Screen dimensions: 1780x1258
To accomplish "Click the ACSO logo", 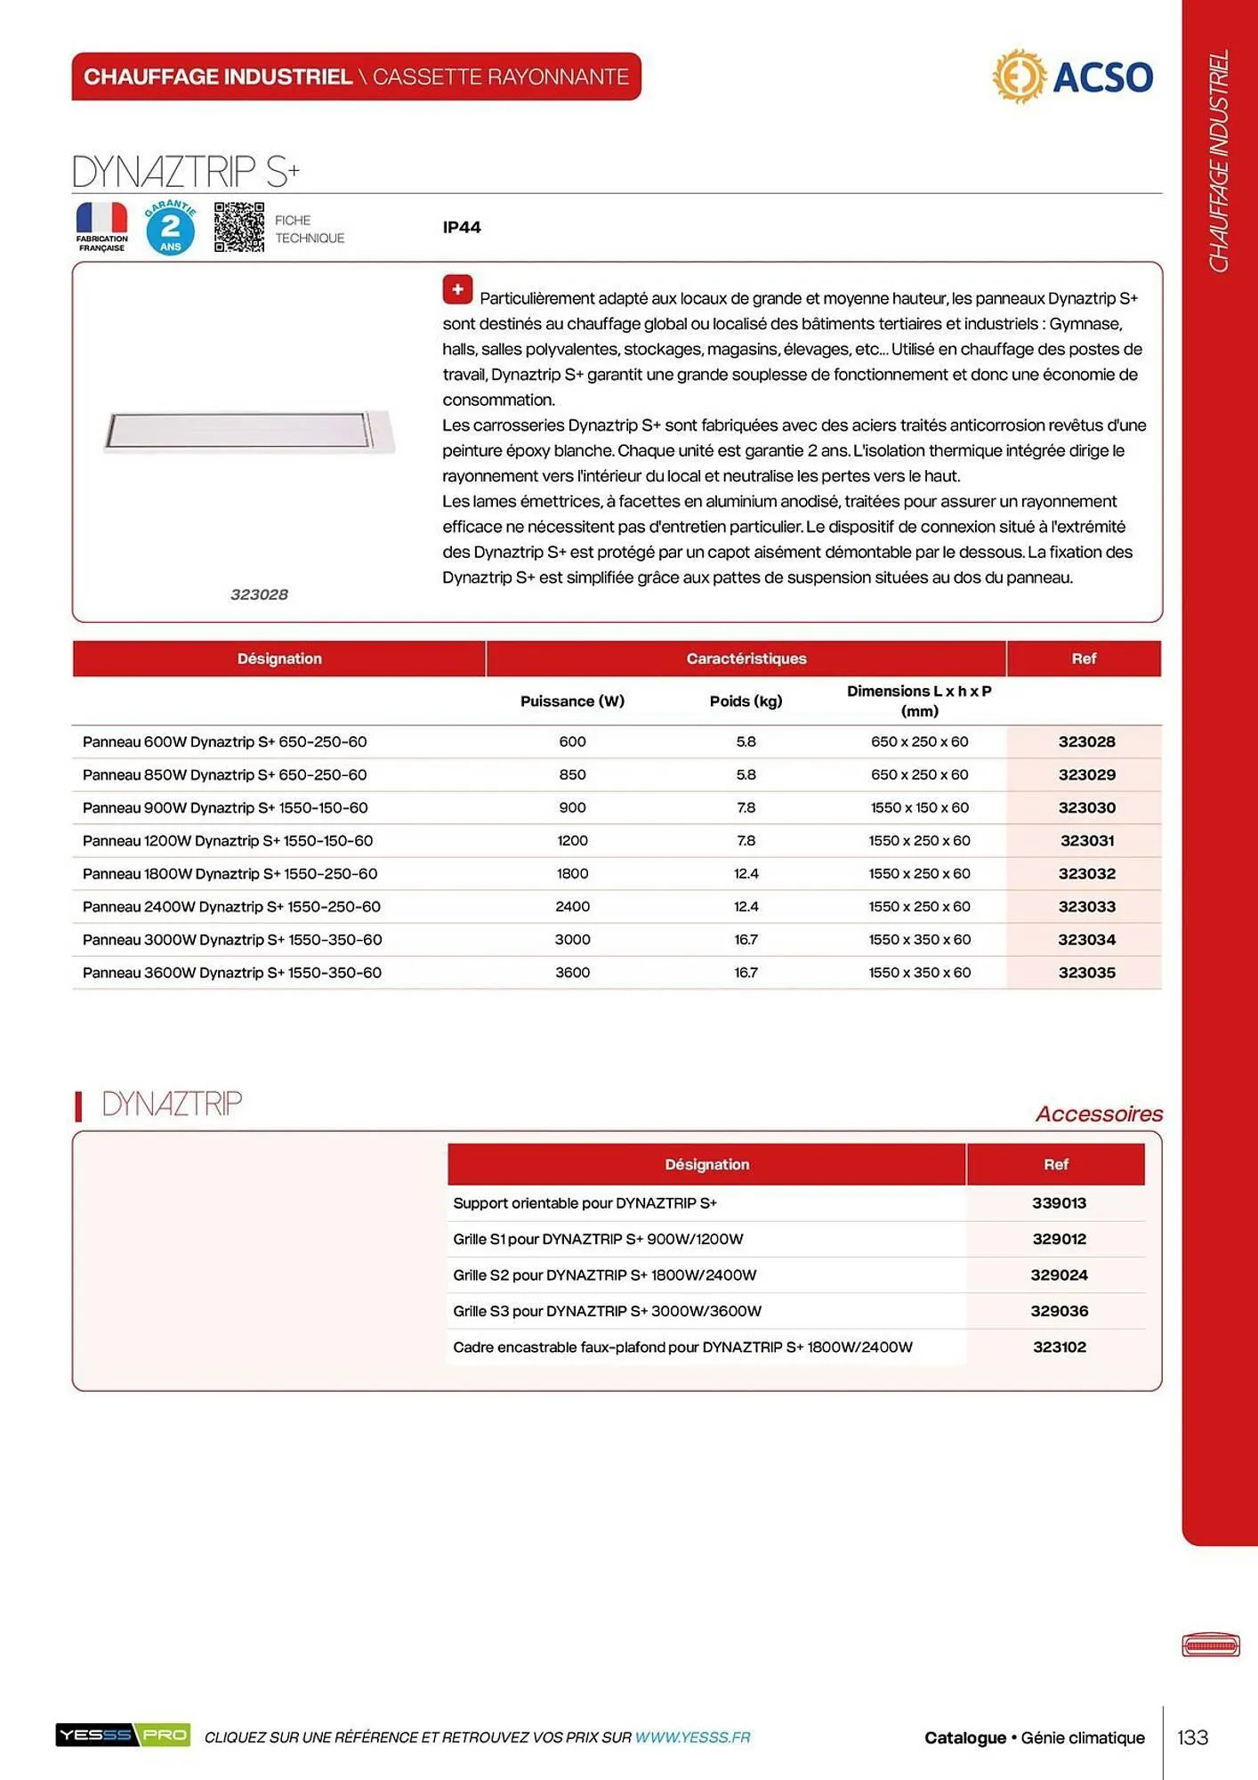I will point(1072,77).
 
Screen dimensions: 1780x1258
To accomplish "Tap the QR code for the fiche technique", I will point(238,227).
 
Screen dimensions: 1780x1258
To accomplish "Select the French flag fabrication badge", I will point(101,227).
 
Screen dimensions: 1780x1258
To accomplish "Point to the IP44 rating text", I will point(462,228).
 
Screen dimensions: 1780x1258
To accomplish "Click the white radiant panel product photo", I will point(248,432).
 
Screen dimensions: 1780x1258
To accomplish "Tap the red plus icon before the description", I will point(457,289).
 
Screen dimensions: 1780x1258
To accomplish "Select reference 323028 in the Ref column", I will point(1085,741).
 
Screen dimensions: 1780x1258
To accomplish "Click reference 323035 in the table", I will point(1085,973).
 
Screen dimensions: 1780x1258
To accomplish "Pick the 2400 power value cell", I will point(572,907).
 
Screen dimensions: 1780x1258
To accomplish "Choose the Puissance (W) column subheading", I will point(572,701).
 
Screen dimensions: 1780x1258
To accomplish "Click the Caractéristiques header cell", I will point(746,659).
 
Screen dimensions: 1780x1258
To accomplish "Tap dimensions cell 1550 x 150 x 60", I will point(919,808).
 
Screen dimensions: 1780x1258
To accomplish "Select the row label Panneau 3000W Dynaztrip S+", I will point(232,940).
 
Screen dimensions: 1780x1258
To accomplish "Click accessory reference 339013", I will point(1059,1203).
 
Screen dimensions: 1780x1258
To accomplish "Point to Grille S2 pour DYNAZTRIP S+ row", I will point(604,1275).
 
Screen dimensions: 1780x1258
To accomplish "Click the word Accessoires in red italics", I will point(1099,1114).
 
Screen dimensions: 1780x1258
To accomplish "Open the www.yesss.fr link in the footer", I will point(692,1737).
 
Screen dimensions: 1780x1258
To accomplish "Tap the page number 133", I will point(1192,1737).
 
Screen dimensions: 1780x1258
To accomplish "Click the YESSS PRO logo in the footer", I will point(123,1735).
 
